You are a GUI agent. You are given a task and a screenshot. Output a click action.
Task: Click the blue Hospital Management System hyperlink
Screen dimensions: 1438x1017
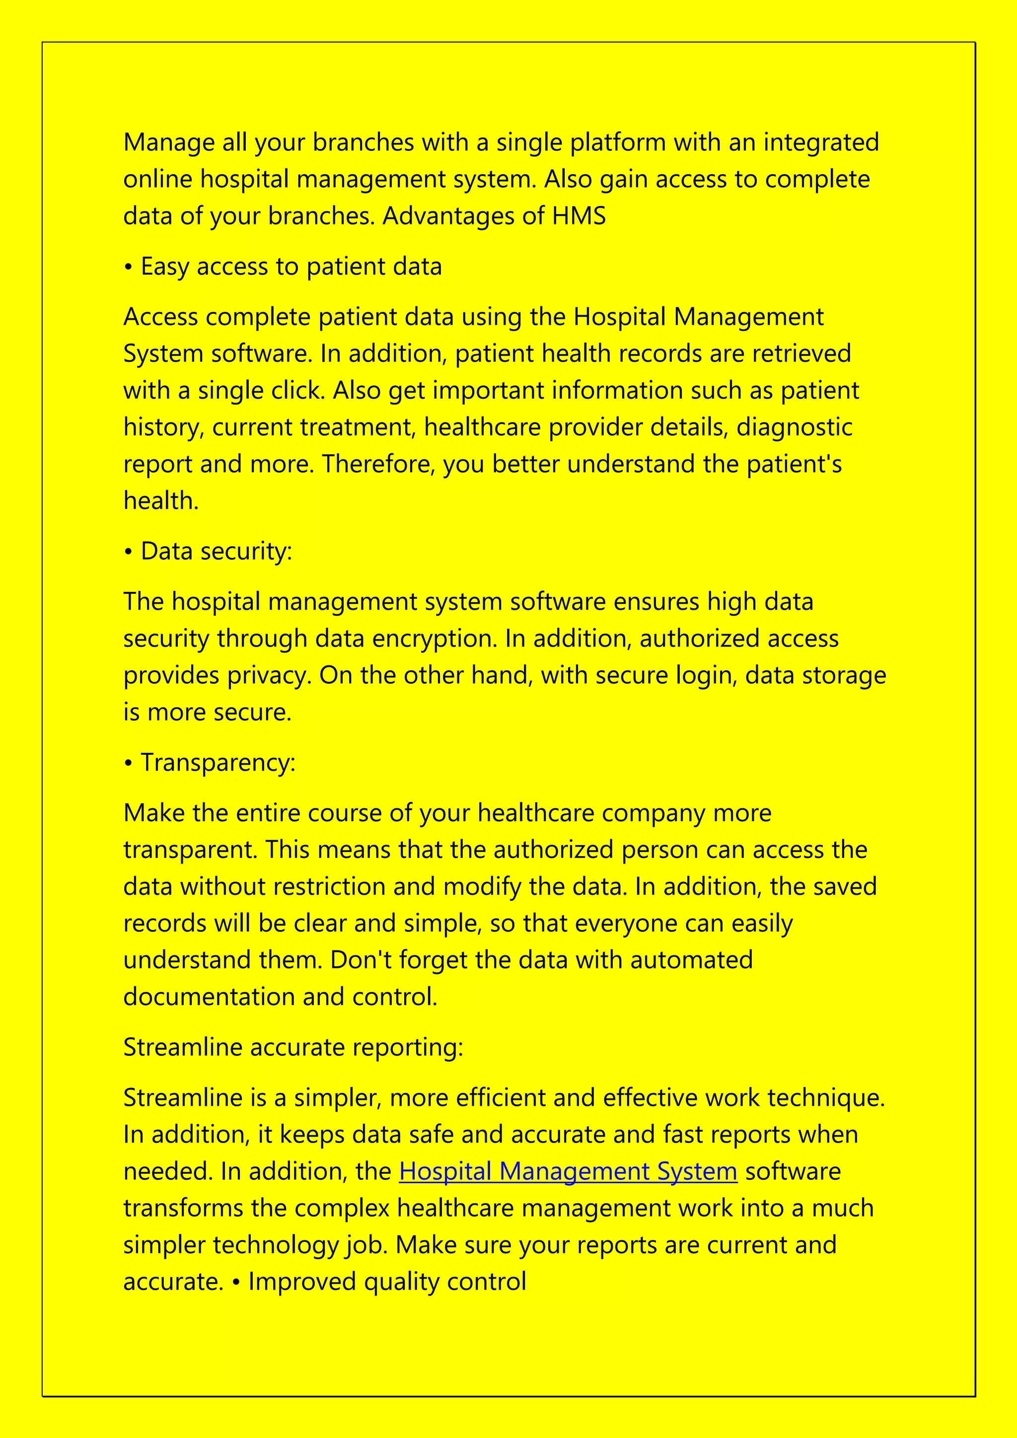click(568, 1171)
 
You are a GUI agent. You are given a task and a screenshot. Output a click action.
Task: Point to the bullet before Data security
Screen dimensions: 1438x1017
click(129, 552)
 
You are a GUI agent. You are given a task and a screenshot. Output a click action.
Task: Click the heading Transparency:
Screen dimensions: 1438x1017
click(218, 763)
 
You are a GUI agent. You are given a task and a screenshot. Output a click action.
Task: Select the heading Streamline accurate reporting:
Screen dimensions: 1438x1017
click(293, 1047)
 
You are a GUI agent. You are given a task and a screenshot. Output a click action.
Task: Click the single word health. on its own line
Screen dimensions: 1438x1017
click(161, 501)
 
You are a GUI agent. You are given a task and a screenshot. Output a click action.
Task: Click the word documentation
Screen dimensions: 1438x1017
click(209, 997)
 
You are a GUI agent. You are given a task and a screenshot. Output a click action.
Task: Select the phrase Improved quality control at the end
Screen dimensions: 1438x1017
click(387, 1282)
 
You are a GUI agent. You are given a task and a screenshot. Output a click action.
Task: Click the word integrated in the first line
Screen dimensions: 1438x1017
click(820, 143)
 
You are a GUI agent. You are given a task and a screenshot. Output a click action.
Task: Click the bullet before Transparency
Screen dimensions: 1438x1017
click(129, 764)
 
